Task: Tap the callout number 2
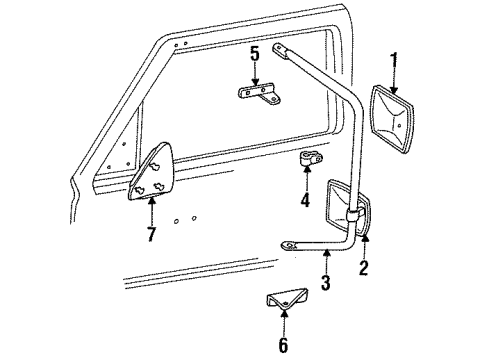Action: [363, 267]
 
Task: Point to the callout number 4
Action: [304, 203]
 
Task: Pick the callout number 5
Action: [255, 53]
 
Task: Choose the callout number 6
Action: [283, 345]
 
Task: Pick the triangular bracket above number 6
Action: [284, 301]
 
